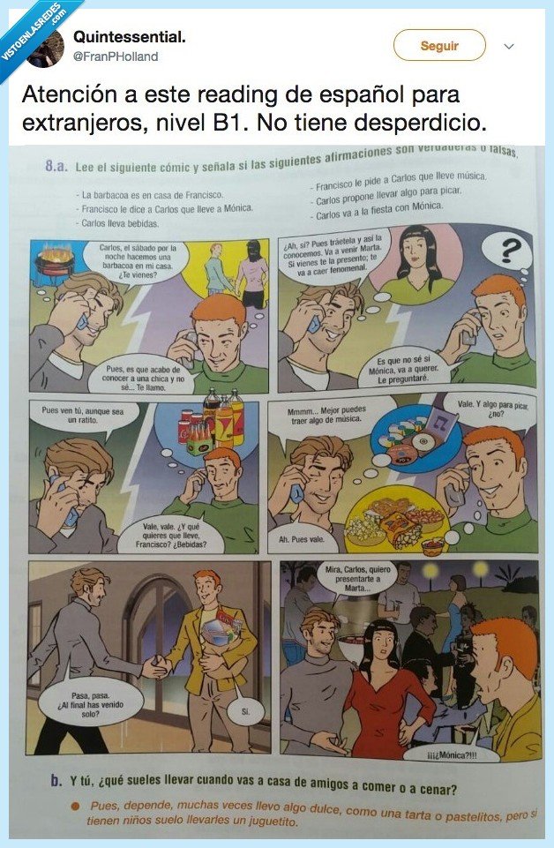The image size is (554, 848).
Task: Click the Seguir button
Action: (x=438, y=46)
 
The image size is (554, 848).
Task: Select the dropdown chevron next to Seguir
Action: (x=509, y=46)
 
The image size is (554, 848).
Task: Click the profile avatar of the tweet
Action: (x=46, y=49)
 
